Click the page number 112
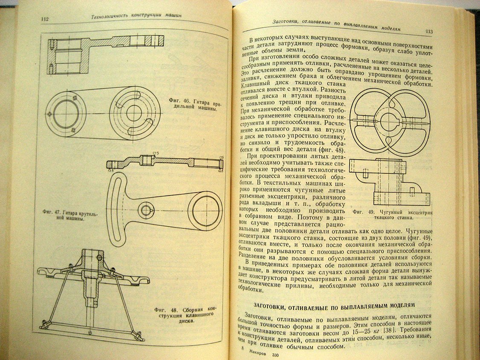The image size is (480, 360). (x=45, y=19)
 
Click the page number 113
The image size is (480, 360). (x=429, y=32)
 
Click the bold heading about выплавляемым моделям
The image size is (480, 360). (x=334, y=305)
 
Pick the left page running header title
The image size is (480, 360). (x=134, y=15)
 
